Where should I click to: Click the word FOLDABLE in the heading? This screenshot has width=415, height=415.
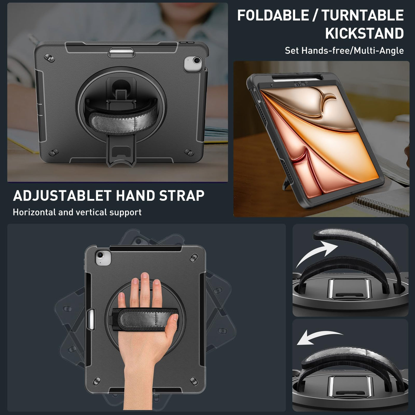[x=273, y=15]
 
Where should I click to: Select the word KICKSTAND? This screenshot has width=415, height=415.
[x=364, y=33]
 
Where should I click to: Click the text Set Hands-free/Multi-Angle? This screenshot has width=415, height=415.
[x=344, y=51]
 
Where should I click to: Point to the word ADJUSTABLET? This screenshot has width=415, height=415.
[x=62, y=195]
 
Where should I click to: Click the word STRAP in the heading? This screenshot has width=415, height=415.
[x=182, y=195]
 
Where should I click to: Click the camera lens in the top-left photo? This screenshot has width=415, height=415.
[x=197, y=60]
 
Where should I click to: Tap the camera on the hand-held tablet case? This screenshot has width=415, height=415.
[x=100, y=256]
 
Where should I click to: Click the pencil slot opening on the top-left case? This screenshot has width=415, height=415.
[x=122, y=52]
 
